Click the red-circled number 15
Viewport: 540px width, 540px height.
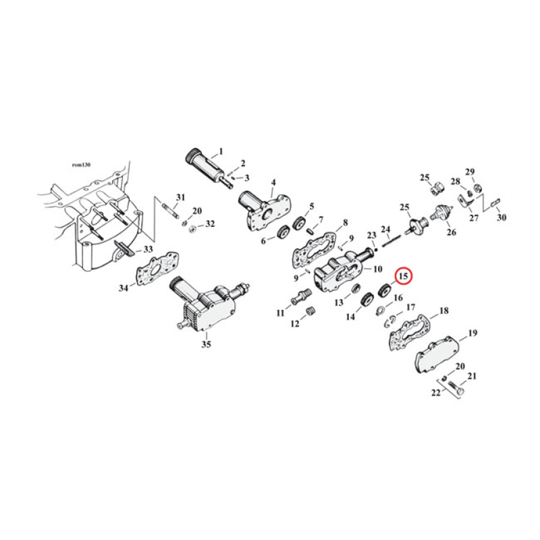[404, 275]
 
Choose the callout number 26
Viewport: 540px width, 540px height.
[450, 234]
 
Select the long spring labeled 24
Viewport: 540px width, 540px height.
[391, 239]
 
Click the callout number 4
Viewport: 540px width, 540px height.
[273, 182]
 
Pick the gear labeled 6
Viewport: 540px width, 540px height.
[283, 234]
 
